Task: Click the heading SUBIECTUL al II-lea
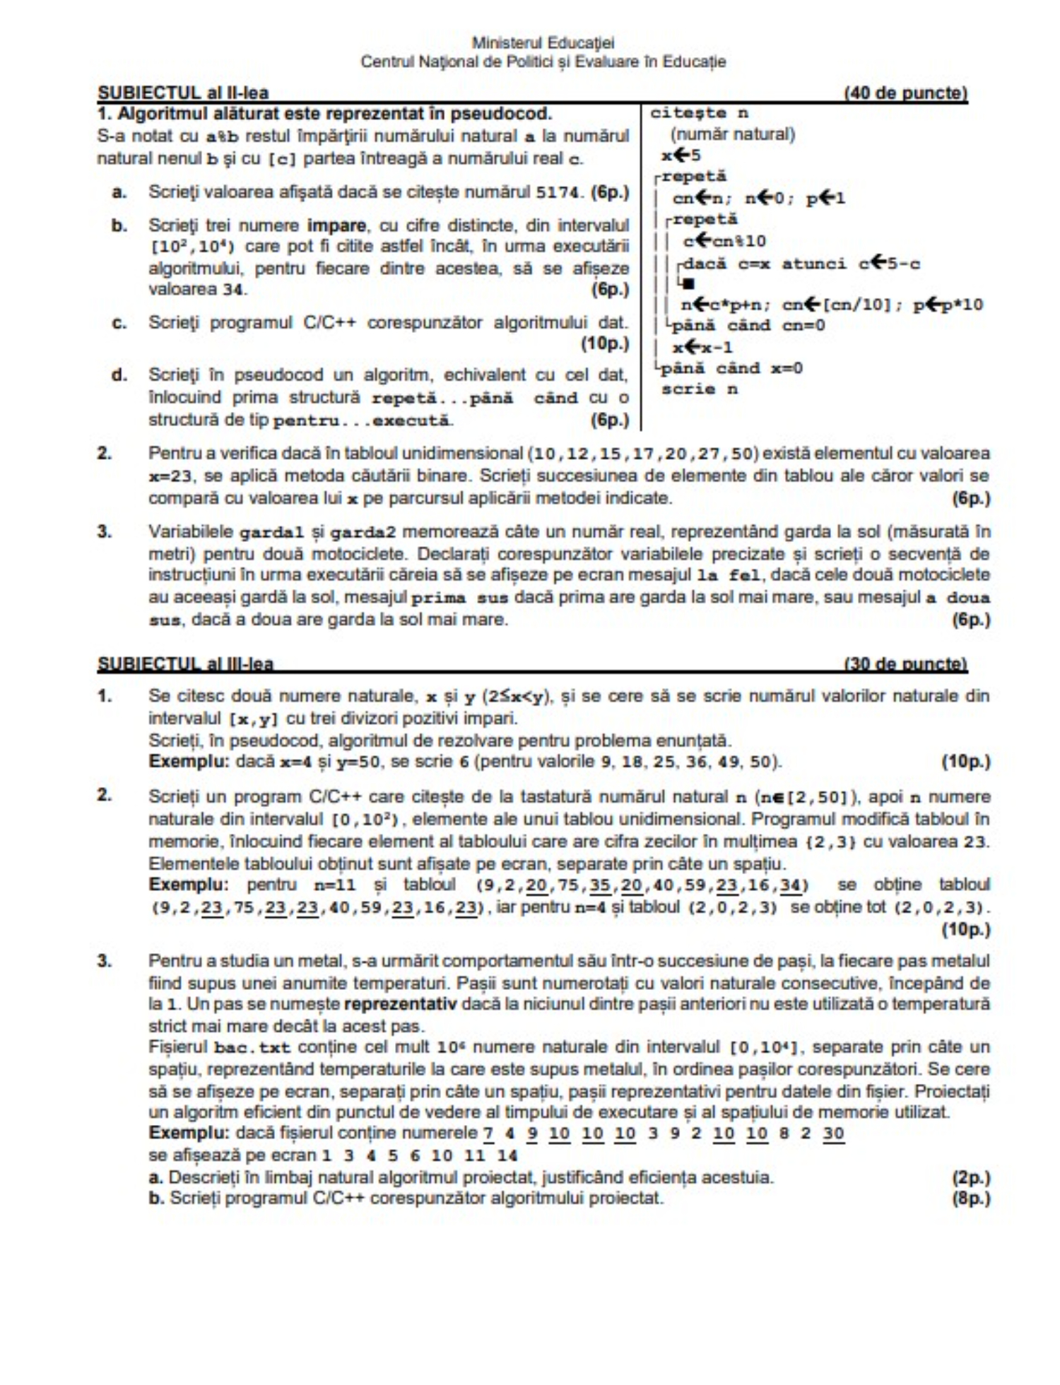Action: (183, 93)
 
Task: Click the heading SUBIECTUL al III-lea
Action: (185, 664)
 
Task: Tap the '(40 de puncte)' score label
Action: (905, 93)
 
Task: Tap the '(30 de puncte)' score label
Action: (905, 664)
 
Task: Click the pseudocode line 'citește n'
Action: (699, 113)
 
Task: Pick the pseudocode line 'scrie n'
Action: (700, 389)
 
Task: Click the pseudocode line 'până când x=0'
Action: (731, 368)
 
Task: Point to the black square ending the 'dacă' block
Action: (689, 284)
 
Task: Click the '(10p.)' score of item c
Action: (605, 344)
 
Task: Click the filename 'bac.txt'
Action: (252, 1047)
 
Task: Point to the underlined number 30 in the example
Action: (833, 1133)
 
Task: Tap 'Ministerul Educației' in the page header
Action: (543, 43)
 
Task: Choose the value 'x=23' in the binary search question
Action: (170, 476)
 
